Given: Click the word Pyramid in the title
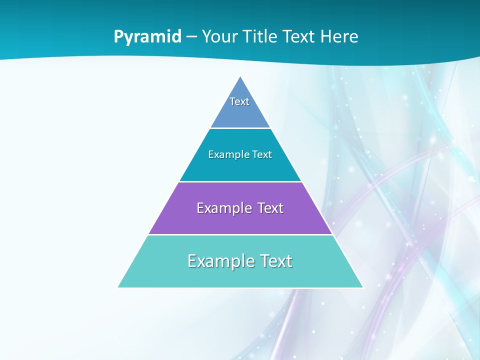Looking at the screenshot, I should click(147, 37).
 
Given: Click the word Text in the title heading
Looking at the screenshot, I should click(300, 36).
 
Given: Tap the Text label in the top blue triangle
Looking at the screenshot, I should click(239, 101).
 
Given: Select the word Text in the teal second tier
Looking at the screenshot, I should click(262, 155).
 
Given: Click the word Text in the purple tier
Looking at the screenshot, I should click(270, 208).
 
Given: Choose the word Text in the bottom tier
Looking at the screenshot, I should click(276, 261).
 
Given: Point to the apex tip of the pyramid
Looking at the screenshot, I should click(240, 77).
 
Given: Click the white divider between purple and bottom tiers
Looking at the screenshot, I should click(240, 234).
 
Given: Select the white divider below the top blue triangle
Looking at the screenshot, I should click(240, 128).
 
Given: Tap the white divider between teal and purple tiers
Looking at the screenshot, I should click(240, 181).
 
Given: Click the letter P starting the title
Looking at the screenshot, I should click(118, 37).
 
